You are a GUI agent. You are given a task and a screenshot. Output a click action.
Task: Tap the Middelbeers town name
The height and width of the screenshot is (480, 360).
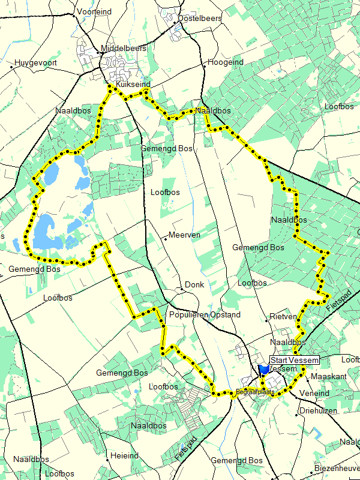[x=124, y=48]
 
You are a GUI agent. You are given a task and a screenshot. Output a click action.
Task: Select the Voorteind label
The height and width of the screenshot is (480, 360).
[x=95, y=11]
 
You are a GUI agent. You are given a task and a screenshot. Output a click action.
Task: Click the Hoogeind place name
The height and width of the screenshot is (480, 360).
[x=226, y=62]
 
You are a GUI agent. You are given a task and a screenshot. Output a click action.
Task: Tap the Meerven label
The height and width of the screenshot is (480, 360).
[x=185, y=235]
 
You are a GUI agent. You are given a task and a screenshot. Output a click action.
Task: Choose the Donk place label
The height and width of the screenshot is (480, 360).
[x=194, y=284]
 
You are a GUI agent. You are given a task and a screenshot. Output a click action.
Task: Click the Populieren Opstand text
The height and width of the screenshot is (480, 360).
[x=205, y=314]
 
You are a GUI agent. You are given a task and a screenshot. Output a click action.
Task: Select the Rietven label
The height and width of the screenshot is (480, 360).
[x=283, y=316]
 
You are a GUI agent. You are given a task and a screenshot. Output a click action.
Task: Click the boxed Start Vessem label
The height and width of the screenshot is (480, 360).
[x=294, y=360]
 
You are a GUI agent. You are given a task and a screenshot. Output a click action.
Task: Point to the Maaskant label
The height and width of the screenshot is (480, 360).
[x=329, y=376]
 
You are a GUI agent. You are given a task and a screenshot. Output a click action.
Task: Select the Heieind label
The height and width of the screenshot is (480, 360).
[x=125, y=456]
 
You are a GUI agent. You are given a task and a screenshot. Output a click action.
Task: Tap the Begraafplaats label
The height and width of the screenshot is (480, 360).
[x=254, y=392]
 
